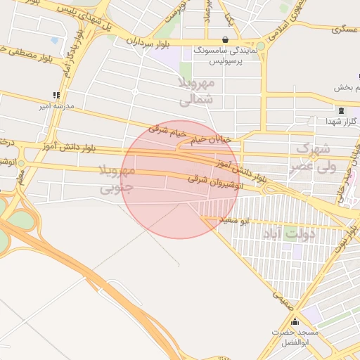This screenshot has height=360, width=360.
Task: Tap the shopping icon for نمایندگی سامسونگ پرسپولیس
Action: [x=224, y=39]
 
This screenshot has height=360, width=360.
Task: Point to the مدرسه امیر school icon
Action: [x=56, y=96]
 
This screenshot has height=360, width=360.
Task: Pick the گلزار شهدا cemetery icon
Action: [x=342, y=111]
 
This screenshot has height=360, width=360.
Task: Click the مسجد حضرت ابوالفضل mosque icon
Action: [x=295, y=323]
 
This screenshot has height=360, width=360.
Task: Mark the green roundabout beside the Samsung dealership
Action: [x=261, y=46]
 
